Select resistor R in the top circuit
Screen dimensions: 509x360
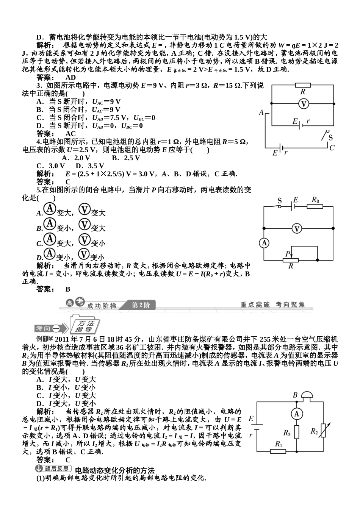pos(303,86)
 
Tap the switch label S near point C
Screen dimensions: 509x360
pos(330,137)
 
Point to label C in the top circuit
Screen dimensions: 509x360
pos(332,148)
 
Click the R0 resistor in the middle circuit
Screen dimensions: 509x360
pos(315,206)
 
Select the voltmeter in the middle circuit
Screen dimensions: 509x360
pos(297,228)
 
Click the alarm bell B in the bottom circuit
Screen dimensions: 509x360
pos(307,396)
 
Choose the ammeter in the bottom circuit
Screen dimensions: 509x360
pos(297,414)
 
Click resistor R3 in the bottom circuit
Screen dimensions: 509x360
pos(297,432)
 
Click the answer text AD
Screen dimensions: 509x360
pos(70,78)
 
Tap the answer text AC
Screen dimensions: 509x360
pos(70,134)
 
